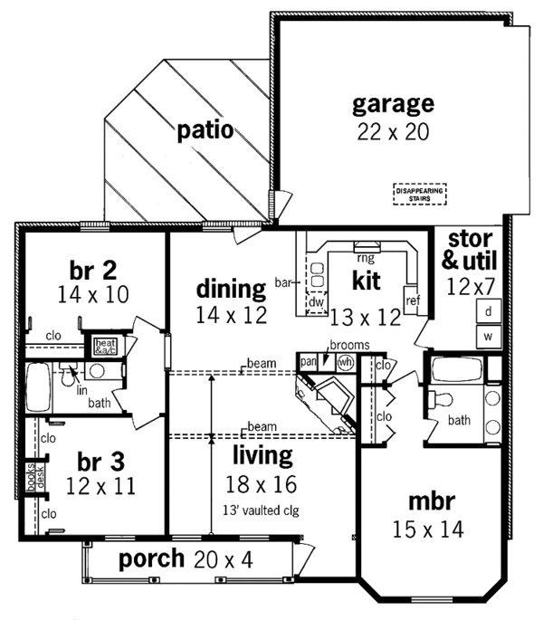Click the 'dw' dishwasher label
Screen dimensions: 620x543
317,302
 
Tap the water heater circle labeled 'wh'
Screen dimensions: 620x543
345,361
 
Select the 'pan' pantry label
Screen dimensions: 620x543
309,360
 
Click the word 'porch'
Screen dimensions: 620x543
151,558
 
